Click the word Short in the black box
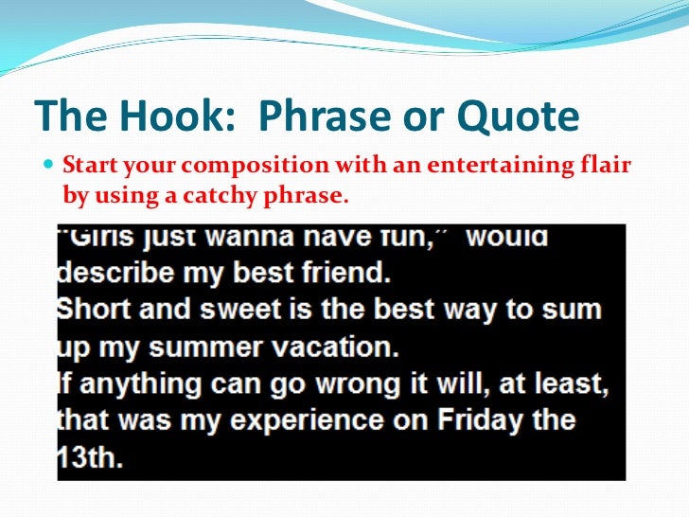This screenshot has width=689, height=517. [96, 310]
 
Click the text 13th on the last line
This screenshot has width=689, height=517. [93, 456]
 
